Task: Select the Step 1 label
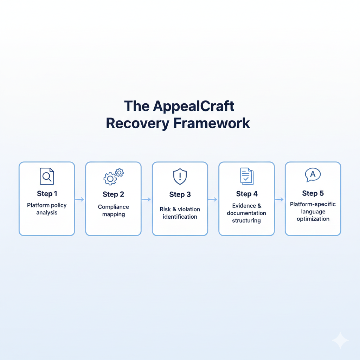[47, 194]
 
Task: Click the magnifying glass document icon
[47, 176]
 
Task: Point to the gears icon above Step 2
[113, 177]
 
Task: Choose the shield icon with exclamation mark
[180, 176]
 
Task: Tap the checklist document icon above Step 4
[246, 176]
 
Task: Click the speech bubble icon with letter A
[313, 175]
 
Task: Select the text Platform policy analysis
[47, 209]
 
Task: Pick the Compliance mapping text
[113, 210]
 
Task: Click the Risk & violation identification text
[180, 213]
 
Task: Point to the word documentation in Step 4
[246, 213]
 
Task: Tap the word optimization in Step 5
[313, 219]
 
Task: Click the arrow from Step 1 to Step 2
[80, 199]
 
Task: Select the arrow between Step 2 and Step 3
[146, 199]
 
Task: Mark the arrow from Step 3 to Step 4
[213, 199]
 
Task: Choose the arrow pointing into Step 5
[279, 199]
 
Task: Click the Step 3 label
[180, 194]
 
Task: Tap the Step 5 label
[313, 193]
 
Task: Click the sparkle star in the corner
[340, 340]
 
